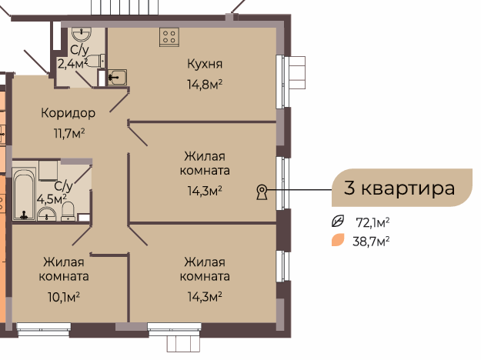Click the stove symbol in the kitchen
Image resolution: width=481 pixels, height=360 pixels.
[169, 37]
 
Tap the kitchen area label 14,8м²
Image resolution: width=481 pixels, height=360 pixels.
[205, 84]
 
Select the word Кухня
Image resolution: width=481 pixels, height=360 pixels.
[205, 64]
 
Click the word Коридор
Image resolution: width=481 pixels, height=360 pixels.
[68, 113]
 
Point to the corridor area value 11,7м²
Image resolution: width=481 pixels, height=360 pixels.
[69, 133]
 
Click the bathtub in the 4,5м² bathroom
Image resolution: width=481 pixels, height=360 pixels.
[24, 194]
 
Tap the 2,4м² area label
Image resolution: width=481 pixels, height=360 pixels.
[73, 64]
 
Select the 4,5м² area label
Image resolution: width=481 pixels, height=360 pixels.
[52, 199]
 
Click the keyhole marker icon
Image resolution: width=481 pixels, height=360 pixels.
[262, 192]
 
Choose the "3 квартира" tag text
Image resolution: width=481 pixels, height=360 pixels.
[399, 188]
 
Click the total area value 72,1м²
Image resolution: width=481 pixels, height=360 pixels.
[372, 222]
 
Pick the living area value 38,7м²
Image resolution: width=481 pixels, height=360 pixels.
[371, 242]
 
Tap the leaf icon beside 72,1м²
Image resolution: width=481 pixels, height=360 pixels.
[338, 221]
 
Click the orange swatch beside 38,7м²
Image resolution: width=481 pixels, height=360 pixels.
[338, 240]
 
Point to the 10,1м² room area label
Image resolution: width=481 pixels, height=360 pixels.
[64, 297]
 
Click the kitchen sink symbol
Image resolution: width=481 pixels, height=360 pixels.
[117, 77]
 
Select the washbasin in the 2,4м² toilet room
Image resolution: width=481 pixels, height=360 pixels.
[82, 35]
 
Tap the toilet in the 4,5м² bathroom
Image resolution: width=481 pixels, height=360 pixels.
[68, 211]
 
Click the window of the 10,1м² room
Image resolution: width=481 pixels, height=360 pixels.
[44, 330]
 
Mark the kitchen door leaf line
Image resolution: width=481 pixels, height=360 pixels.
[119, 103]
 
